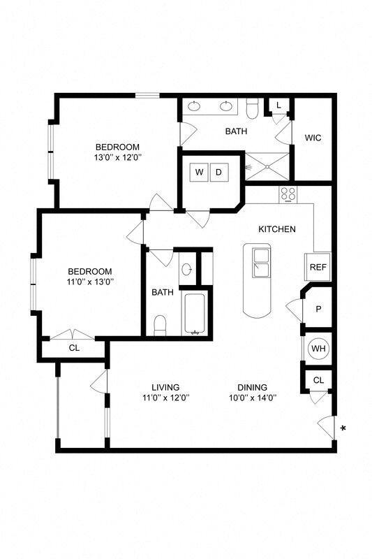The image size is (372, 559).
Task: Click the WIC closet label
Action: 313,138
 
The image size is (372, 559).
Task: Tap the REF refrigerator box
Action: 318,267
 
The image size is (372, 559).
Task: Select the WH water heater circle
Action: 318,348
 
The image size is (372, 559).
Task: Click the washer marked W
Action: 199,172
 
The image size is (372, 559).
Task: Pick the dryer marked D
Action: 218,172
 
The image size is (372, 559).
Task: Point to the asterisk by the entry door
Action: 343,428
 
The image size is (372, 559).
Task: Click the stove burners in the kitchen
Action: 288,194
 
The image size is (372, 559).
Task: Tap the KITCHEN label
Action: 277,229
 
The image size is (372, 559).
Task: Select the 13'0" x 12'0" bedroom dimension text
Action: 117,158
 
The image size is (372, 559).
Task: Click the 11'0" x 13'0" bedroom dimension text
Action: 90,282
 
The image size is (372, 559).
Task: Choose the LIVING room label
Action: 166,387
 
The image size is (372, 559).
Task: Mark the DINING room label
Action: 252,387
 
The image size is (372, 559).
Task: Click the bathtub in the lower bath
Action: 193,314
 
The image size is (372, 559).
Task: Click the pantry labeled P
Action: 318,308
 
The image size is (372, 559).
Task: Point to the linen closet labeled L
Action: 278,106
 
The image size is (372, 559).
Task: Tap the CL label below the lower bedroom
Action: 73,347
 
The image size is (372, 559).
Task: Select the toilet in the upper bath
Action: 253,108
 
